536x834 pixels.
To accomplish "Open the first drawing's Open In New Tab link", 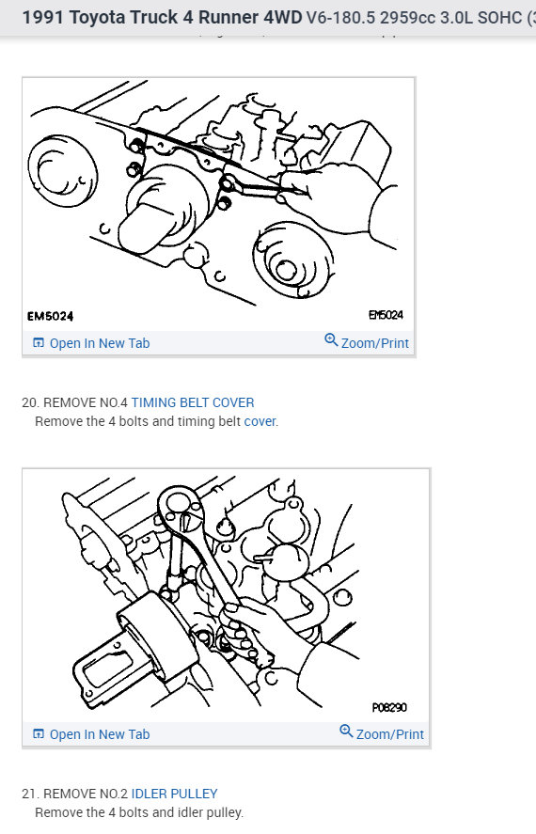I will (x=99, y=343).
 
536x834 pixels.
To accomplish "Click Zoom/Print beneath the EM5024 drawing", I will (x=374, y=343).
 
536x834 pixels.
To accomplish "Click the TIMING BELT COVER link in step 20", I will (x=192, y=402).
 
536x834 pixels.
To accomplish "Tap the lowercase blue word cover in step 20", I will (x=260, y=421).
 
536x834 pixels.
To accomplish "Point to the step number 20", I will (x=29, y=402).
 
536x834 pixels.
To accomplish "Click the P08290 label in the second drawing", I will (x=388, y=707).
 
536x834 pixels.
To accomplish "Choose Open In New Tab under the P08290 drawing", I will (x=99, y=734).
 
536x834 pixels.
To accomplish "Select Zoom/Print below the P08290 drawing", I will (x=389, y=734).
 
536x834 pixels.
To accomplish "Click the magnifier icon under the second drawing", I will (x=346, y=732).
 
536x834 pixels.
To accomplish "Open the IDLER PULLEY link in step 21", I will (x=174, y=794).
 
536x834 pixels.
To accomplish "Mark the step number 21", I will (x=29, y=794).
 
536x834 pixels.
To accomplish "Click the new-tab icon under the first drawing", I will (x=39, y=343).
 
